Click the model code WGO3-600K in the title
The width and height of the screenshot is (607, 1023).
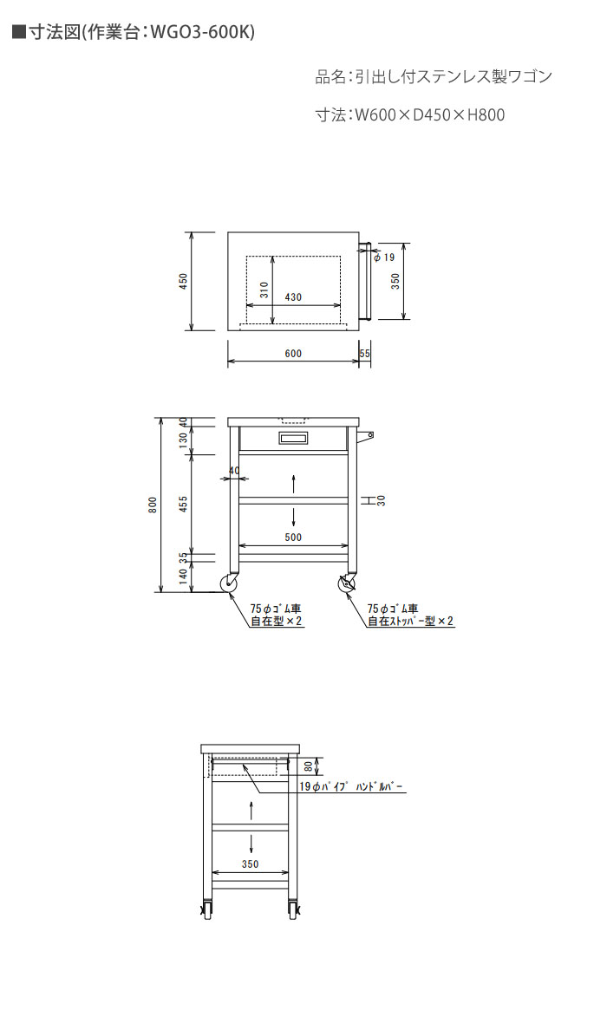click(x=202, y=31)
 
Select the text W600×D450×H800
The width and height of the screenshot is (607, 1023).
click(x=429, y=114)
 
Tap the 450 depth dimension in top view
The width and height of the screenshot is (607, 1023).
click(x=184, y=281)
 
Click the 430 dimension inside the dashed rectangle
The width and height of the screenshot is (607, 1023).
click(x=293, y=296)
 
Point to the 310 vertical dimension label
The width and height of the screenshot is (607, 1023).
click(x=264, y=289)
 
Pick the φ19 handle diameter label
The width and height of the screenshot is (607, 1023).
click(x=384, y=257)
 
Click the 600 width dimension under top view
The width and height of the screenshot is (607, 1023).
click(x=293, y=353)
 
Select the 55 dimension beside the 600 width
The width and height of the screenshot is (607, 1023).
click(x=364, y=353)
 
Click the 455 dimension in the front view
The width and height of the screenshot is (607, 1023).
click(x=184, y=504)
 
